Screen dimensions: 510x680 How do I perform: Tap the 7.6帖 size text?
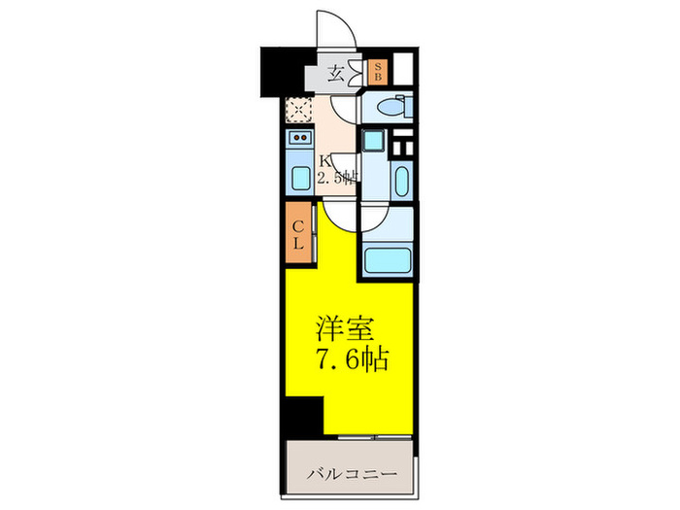[351, 360]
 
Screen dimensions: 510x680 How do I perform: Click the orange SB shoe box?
[379, 72]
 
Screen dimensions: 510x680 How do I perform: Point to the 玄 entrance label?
[335, 73]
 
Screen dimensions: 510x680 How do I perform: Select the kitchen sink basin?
[298, 180]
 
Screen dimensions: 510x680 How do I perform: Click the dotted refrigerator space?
[299, 111]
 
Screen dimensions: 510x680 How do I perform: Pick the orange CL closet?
[298, 234]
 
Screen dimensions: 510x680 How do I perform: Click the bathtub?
[388, 259]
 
